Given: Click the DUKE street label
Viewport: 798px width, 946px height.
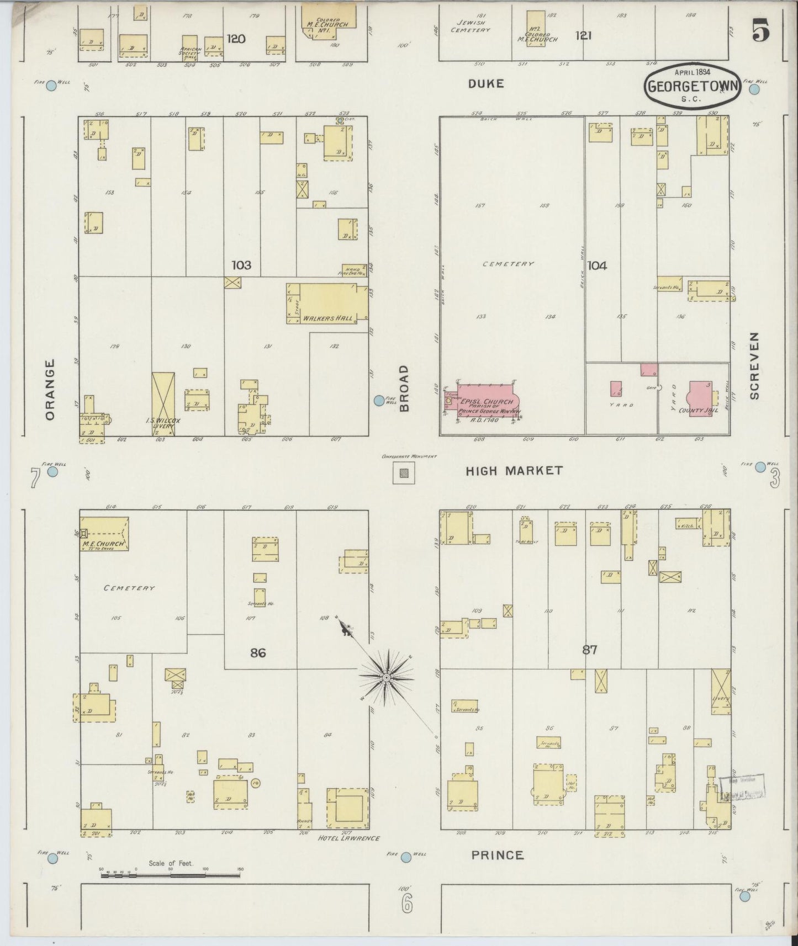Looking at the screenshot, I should coord(486,84).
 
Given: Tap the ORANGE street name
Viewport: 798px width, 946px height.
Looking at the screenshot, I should coord(50,390).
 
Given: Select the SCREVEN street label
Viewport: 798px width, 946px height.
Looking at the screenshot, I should coord(754,366).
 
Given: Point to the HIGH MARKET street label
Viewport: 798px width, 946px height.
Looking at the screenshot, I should coord(514,471).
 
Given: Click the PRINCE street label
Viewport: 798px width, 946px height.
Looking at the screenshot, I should coord(497,855).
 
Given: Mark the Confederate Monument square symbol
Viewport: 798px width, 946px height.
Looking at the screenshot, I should coord(404,473).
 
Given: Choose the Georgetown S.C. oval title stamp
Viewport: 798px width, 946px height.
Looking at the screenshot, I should coord(693,87).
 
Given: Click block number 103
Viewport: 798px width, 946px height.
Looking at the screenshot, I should coord(241,265).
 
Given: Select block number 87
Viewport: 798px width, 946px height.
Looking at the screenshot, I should coord(589,650).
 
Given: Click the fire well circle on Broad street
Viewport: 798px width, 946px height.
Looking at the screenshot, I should coord(379,401).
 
